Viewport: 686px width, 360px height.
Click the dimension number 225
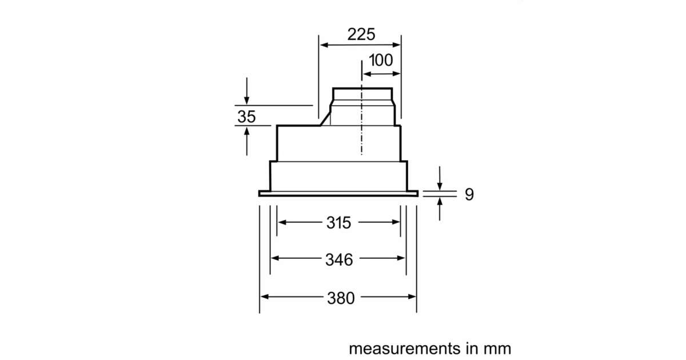(361, 34)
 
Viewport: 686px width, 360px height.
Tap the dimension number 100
(381, 60)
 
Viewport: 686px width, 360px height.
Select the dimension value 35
(246, 117)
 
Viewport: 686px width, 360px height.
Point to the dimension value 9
(469, 194)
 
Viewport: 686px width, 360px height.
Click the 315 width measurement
(338, 222)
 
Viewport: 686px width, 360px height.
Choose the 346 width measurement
(339, 259)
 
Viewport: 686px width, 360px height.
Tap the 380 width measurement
(341, 298)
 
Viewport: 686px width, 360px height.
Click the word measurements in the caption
(405, 349)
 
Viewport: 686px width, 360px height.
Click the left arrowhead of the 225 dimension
(324, 45)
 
